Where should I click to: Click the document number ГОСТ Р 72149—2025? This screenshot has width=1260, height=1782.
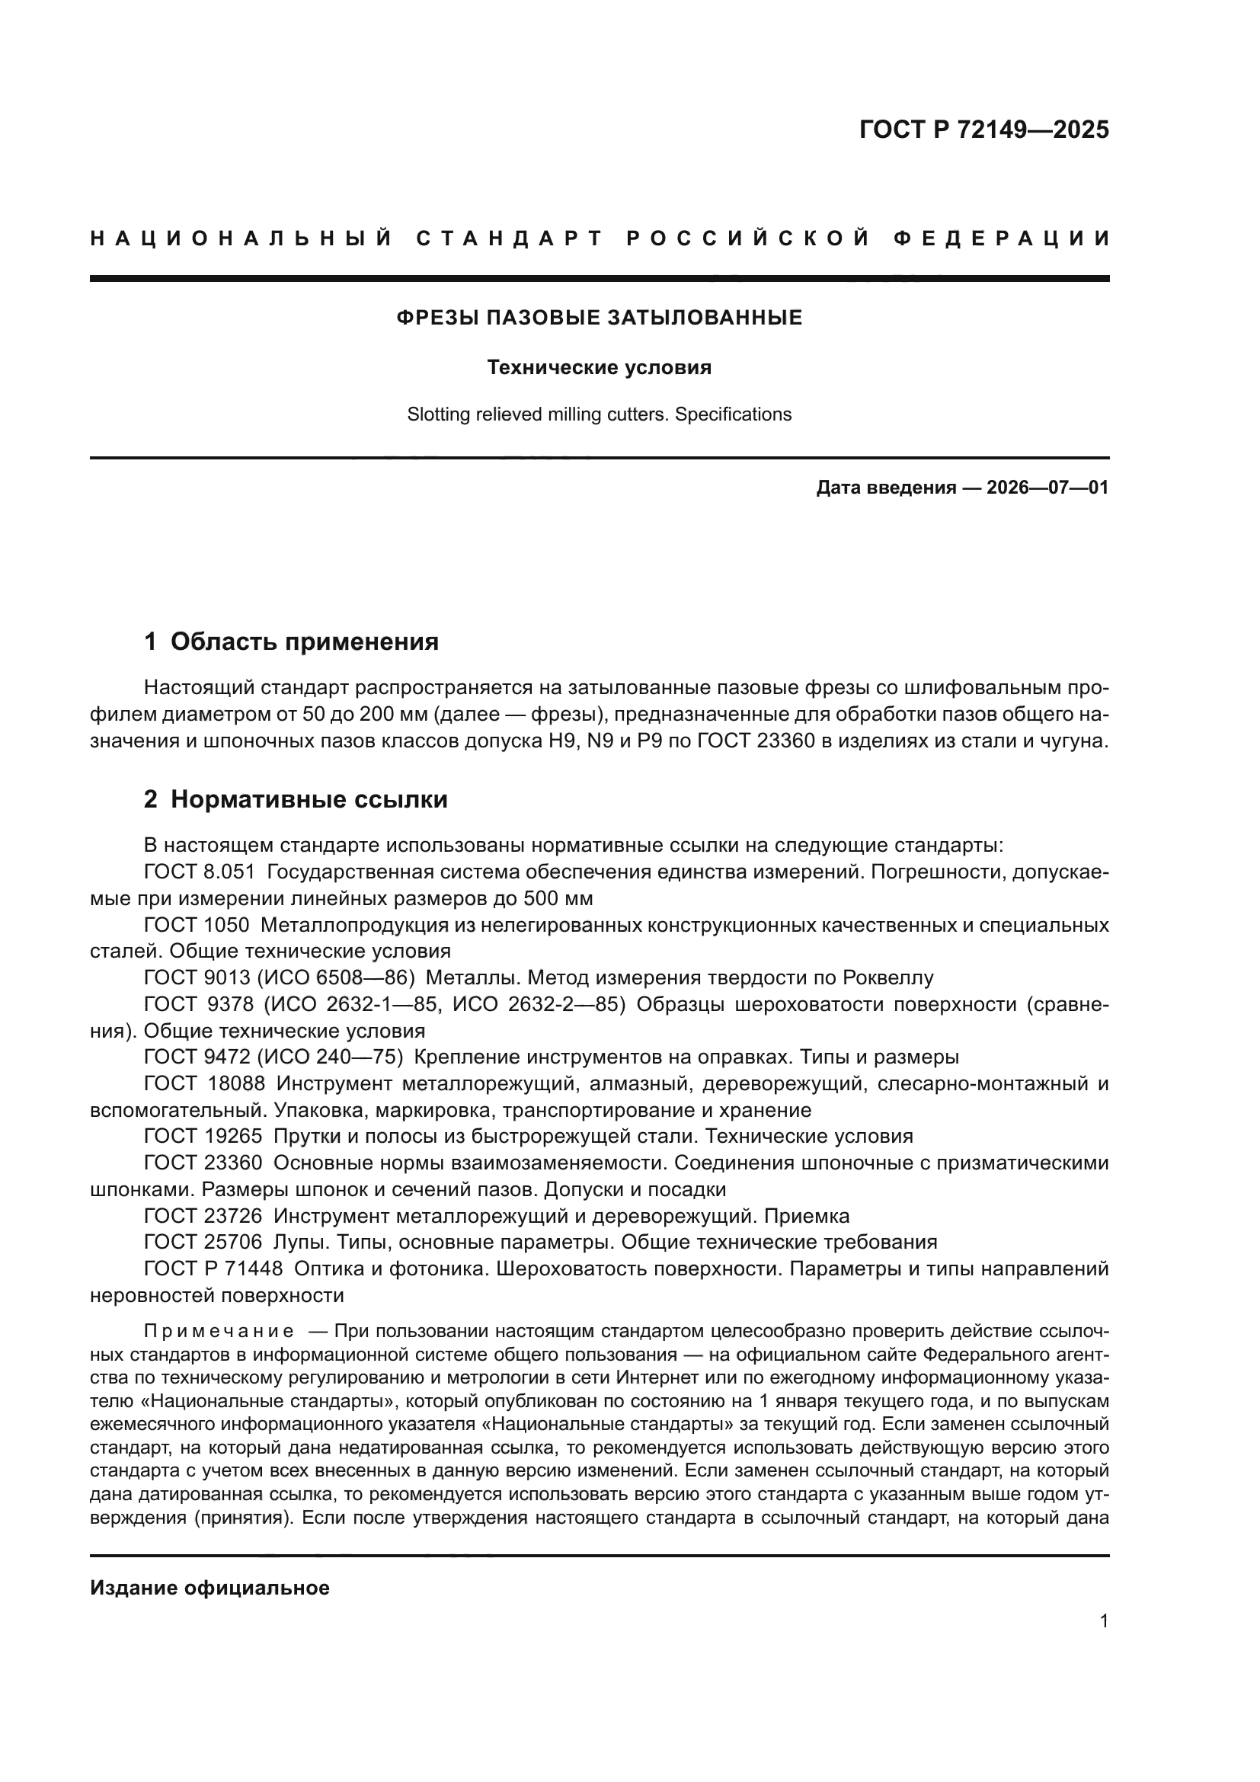pyautogui.click(x=983, y=130)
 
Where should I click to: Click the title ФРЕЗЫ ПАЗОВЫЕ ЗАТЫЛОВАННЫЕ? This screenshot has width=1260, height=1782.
pyautogui.click(x=599, y=318)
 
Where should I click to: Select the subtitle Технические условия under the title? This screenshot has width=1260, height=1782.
pyautogui.click(x=599, y=367)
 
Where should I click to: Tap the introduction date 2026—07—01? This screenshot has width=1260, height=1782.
pyautogui.click(x=1047, y=488)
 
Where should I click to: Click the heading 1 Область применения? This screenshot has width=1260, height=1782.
pyautogui.click(x=292, y=641)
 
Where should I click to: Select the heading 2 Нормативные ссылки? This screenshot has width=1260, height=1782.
pyautogui.click(x=296, y=799)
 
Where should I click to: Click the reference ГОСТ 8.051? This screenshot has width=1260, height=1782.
pyautogui.click(x=200, y=872)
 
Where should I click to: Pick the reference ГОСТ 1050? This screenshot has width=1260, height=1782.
pyautogui.click(x=197, y=925)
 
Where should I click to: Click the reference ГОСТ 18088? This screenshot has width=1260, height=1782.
pyautogui.click(x=204, y=1083)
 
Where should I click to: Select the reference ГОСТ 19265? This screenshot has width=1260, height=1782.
pyautogui.click(x=203, y=1136)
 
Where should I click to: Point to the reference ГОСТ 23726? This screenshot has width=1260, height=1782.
pyautogui.click(x=203, y=1215)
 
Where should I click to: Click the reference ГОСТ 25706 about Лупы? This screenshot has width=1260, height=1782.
pyautogui.click(x=203, y=1242)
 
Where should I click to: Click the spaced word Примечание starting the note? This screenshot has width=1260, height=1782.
pyautogui.click(x=219, y=1332)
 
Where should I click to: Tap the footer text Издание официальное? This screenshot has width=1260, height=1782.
pyautogui.click(x=209, y=1588)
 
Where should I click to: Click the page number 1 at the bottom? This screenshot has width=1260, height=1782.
pyautogui.click(x=1104, y=1621)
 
